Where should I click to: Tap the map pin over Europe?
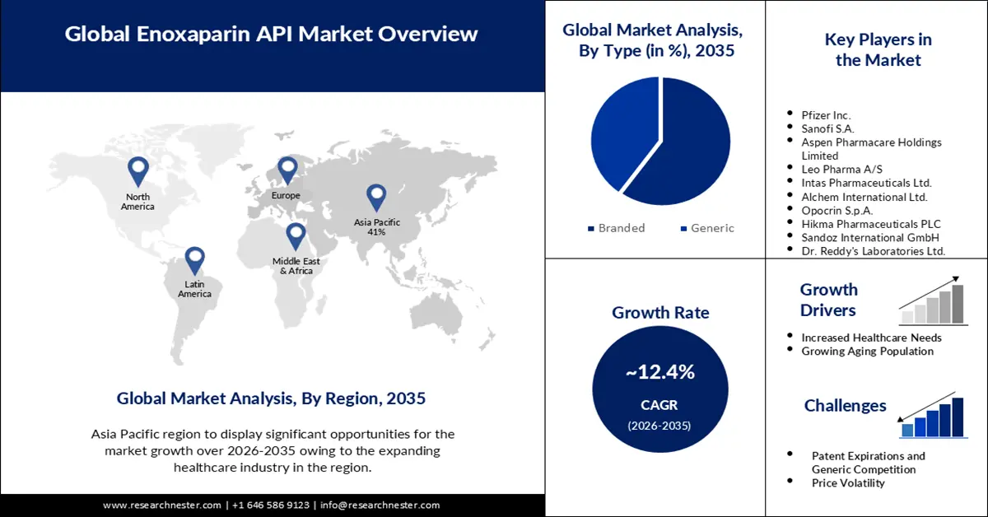click(287, 170)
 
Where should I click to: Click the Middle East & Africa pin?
click(296, 236)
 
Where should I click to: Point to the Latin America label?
click(194, 288)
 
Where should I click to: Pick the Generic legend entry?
click(707, 228)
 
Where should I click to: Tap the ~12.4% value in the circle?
click(659, 372)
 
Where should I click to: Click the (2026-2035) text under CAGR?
click(659, 426)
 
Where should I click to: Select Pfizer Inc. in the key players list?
click(826, 115)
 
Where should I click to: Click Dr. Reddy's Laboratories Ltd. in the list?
click(873, 250)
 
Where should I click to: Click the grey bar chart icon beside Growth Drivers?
click(933, 303)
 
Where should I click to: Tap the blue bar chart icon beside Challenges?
click(933, 417)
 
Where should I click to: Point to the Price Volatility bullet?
click(848, 482)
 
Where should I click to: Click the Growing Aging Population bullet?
click(867, 351)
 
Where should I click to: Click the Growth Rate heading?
click(659, 312)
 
